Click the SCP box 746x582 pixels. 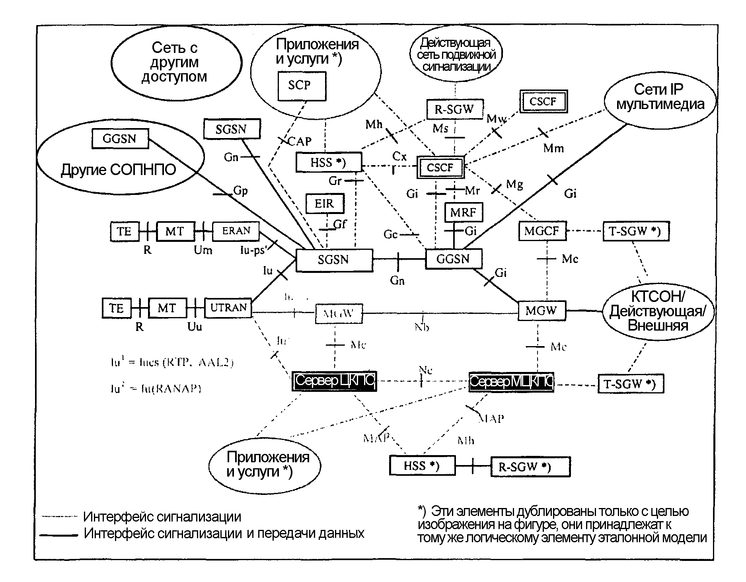(302, 86)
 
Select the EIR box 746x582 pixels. (325, 204)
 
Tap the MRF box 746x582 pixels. (463, 212)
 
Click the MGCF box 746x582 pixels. (542, 231)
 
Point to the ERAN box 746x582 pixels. (236, 231)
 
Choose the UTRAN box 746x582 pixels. (228, 308)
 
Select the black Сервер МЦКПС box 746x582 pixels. (511, 382)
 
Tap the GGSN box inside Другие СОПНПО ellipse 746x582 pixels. (119, 139)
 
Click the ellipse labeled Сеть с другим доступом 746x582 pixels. (176, 63)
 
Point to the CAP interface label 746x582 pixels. (299, 141)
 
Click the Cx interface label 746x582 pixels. (399, 156)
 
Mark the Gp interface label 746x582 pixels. (240, 191)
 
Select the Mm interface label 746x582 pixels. (553, 148)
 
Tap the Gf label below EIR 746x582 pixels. (339, 224)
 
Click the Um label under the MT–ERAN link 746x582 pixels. (203, 250)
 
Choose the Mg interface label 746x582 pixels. (514, 184)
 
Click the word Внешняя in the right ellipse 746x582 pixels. (658, 325)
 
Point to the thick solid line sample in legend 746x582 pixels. (59, 535)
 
